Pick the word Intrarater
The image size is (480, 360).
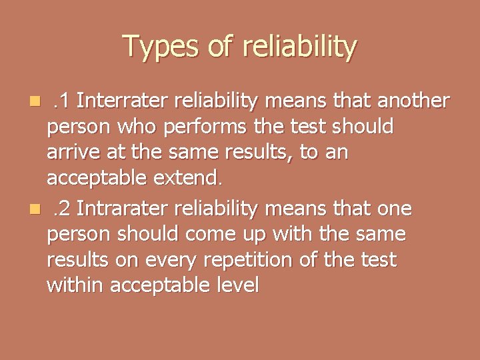tap(122, 209)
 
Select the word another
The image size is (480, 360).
tap(414, 101)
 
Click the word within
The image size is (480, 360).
tap(74, 285)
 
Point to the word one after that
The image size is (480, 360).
tap(394, 209)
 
